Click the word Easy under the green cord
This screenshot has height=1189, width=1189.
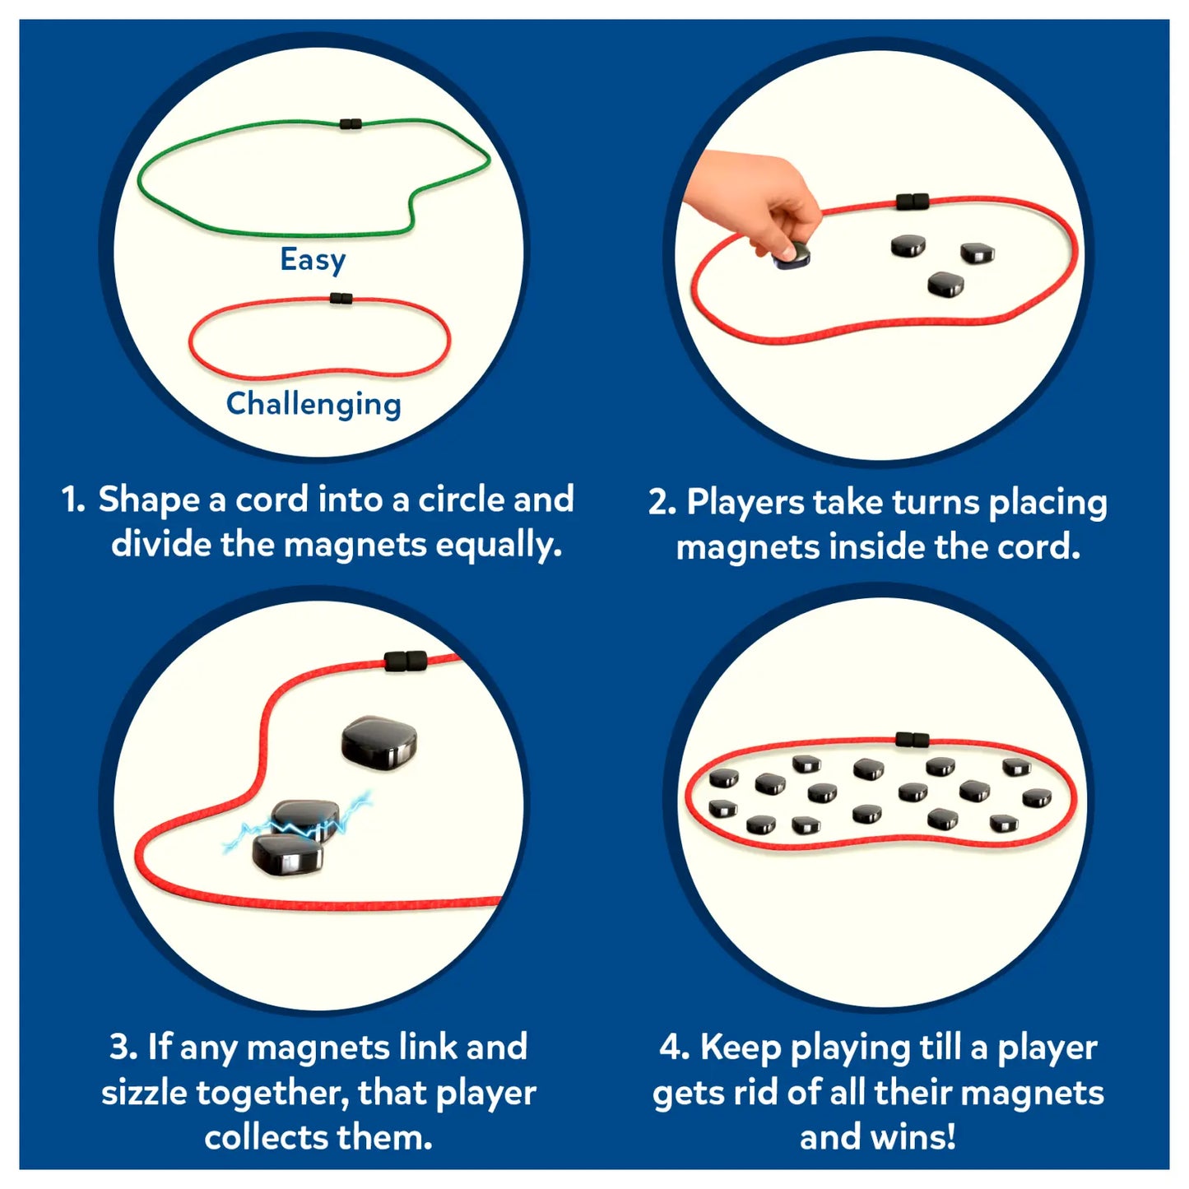313,260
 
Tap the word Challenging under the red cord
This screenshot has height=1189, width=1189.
314,405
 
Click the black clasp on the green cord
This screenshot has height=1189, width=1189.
351,123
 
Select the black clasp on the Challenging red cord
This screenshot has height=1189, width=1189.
341,299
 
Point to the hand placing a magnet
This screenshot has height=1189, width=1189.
756,201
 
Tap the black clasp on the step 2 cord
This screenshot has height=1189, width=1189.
913,201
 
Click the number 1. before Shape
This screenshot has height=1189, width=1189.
73,499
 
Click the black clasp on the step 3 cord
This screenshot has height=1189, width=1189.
405,660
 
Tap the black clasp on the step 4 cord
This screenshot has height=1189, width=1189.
913,739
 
